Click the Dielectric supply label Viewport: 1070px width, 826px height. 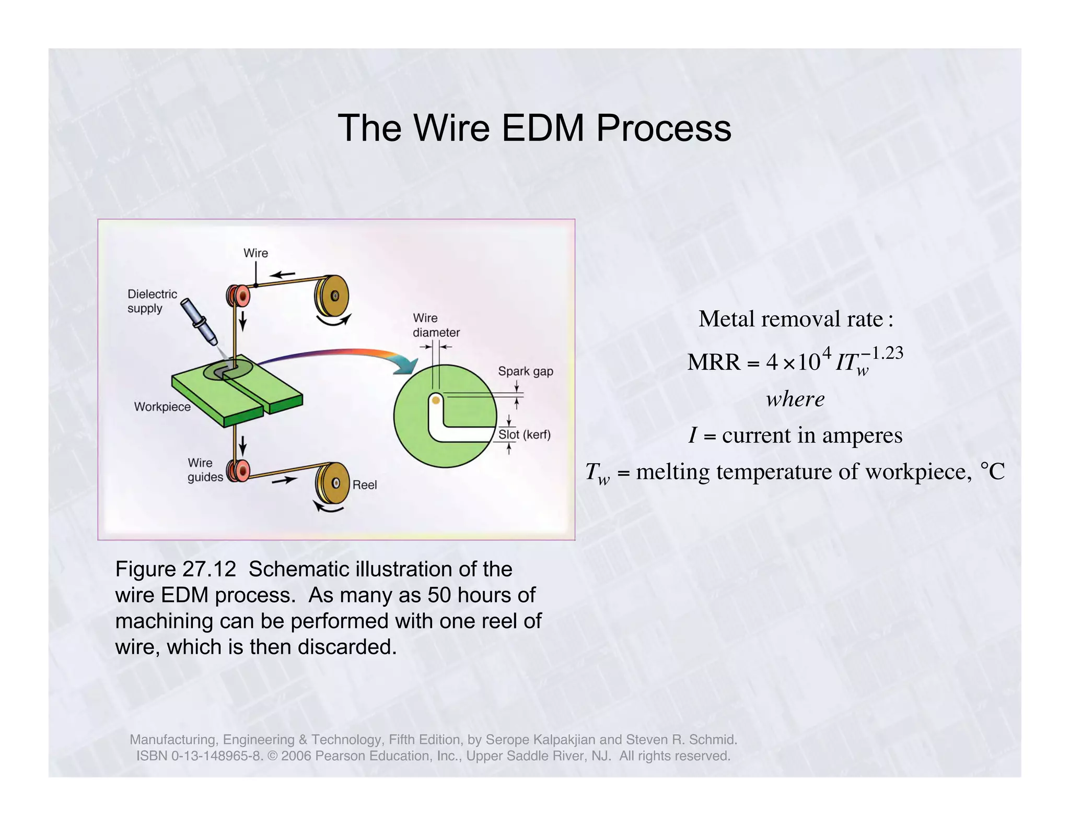(x=152, y=301)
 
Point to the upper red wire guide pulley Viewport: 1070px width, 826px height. (x=239, y=296)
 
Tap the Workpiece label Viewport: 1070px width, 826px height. (x=162, y=407)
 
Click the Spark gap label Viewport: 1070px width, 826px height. (x=525, y=371)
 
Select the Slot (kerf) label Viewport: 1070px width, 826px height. (x=524, y=434)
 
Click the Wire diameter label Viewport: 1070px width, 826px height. (x=436, y=325)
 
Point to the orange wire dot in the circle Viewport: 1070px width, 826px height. (x=435, y=401)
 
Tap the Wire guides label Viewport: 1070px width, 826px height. (x=205, y=470)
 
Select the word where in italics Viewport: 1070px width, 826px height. (x=795, y=399)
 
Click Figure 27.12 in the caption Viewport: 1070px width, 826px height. (x=176, y=569)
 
